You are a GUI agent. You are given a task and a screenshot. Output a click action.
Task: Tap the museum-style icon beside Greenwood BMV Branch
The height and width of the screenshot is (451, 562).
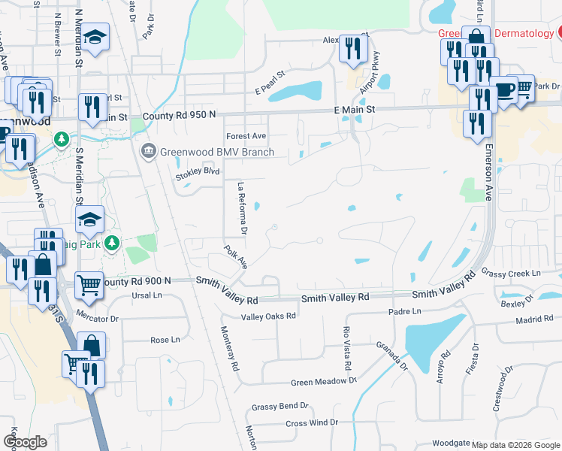pyautogui.click(x=148, y=152)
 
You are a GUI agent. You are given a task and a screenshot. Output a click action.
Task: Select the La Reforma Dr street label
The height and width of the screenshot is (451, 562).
pyautogui.click(x=242, y=206)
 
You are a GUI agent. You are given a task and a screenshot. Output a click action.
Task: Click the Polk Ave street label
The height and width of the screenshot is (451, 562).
pyautogui.click(x=236, y=256)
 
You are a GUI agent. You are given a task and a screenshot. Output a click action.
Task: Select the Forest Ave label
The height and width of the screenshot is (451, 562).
pyautogui.click(x=246, y=136)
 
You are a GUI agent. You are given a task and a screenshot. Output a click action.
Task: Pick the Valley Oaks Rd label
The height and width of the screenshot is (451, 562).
pyautogui.click(x=268, y=316)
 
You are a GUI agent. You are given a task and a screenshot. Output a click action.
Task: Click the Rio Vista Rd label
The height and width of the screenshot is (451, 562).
pyautogui.click(x=347, y=349)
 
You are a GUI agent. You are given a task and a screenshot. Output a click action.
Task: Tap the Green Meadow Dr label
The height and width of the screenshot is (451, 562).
pyautogui.click(x=324, y=382)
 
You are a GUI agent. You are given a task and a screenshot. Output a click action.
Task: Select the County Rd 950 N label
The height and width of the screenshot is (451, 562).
pyautogui.click(x=179, y=115)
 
